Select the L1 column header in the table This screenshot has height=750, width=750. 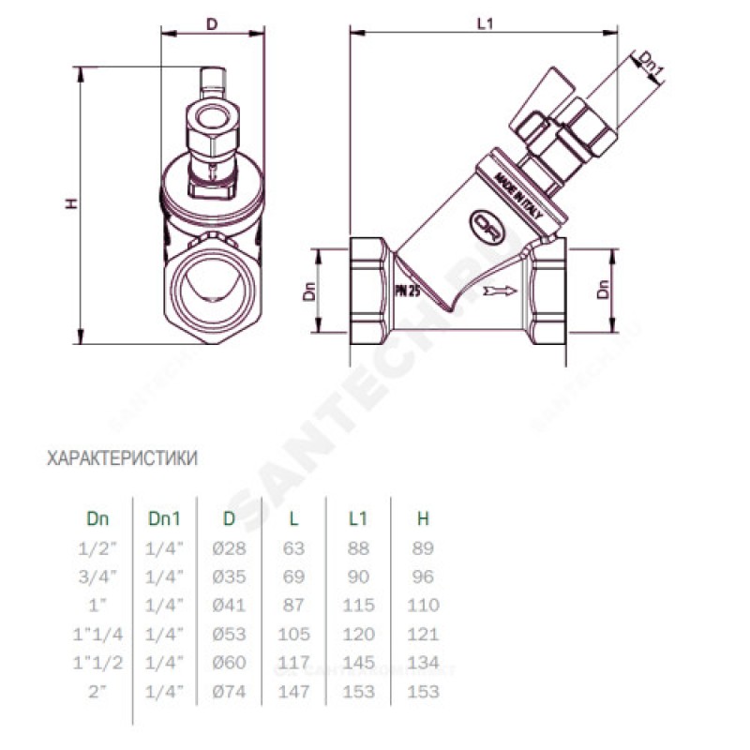pyautogui.click(x=357, y=517)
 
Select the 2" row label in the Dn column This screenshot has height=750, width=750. pyautogui.click(x=97, y=692)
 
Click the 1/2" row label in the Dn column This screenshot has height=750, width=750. pyautogui.click(x=97, y=548)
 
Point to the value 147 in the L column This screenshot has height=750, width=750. pyautogui.click(x=294, y=692)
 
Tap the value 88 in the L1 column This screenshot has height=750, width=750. pyautogui.click(x=357, y=548)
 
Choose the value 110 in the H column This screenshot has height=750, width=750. pyautogui.click(x=423, y=606)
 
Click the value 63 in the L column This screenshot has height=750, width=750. pyautogui.click(x=294, y=548)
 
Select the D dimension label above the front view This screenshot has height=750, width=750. pyautogui.click(x=212, y=23)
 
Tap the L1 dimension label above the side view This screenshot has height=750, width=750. pyautogui.click(x=485, y=23)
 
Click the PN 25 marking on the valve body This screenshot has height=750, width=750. pyautogui.click(x=408, y=292)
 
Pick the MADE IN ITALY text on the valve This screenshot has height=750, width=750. pyautogui.click(x=518, y=199)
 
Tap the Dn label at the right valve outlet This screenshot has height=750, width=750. pyautogui.click(x=605, y=290)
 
